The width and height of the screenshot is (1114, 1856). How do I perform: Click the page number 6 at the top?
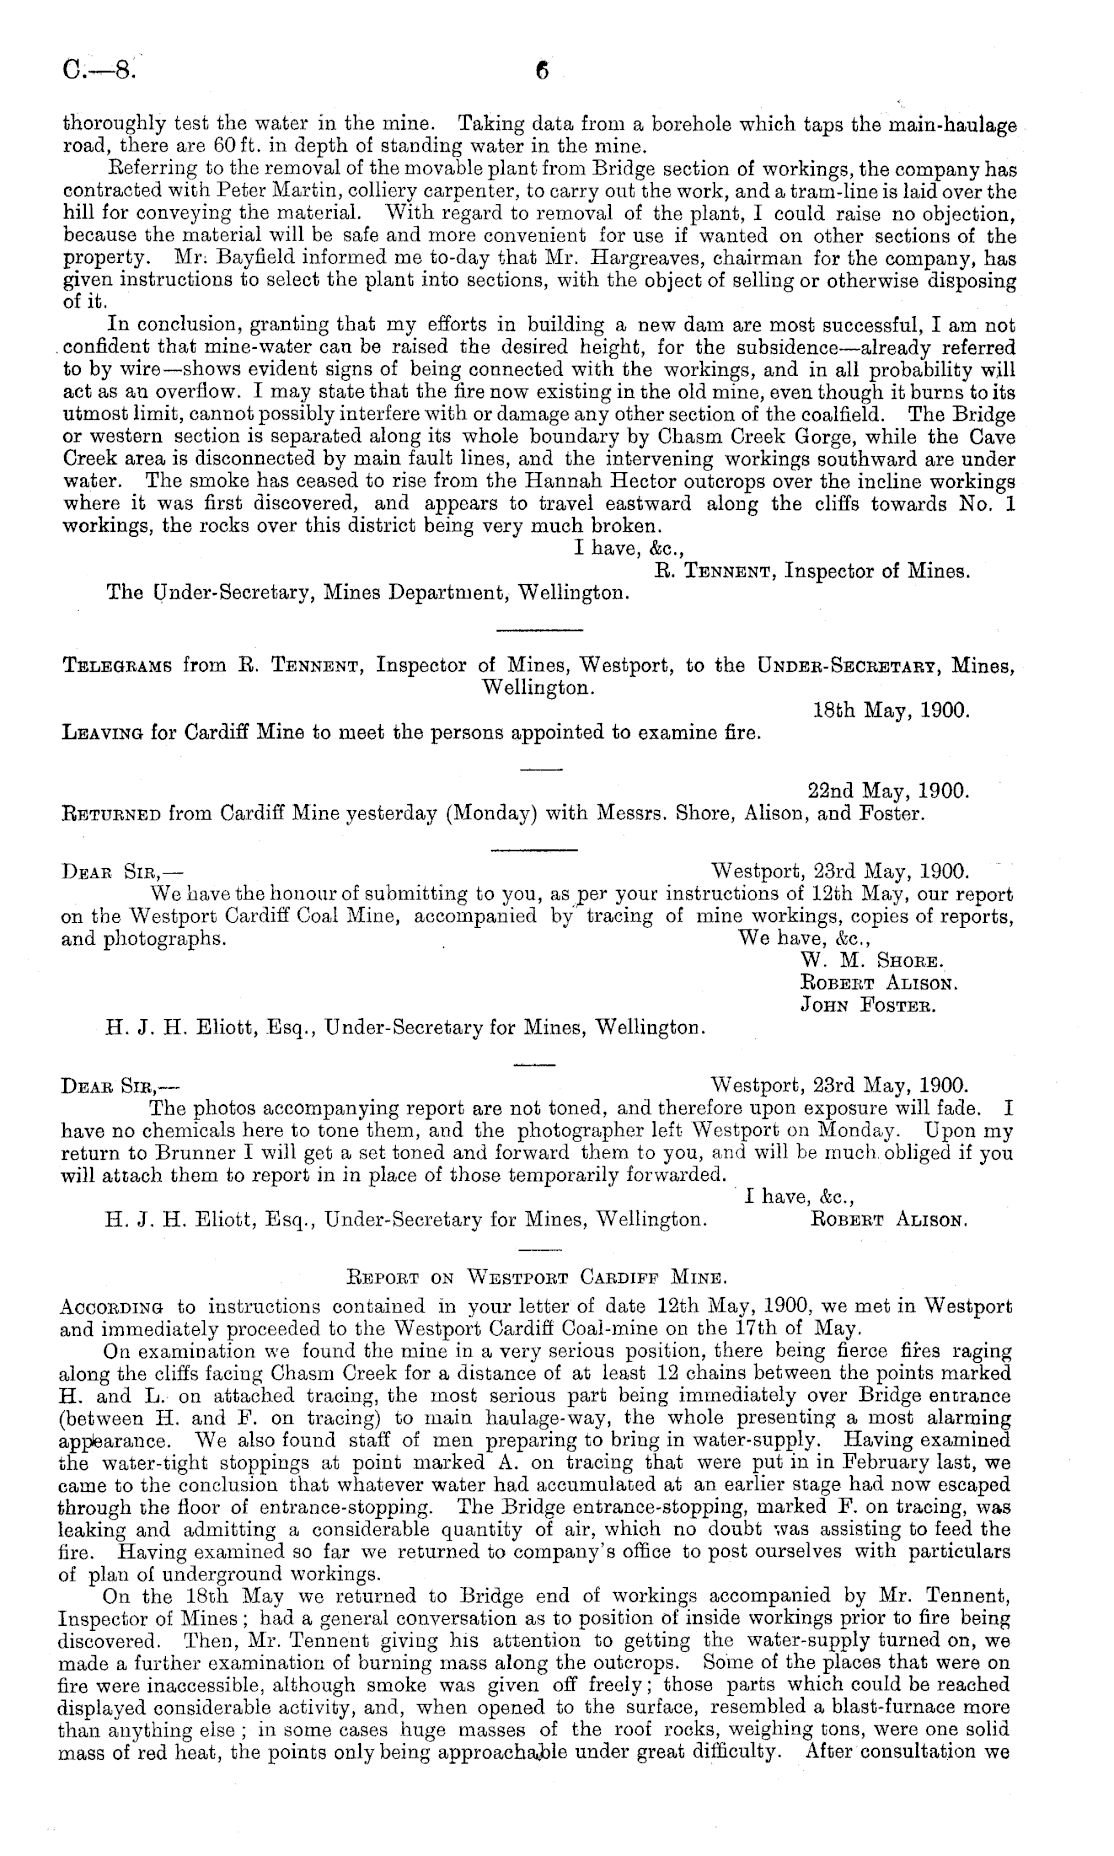point(542,72)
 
